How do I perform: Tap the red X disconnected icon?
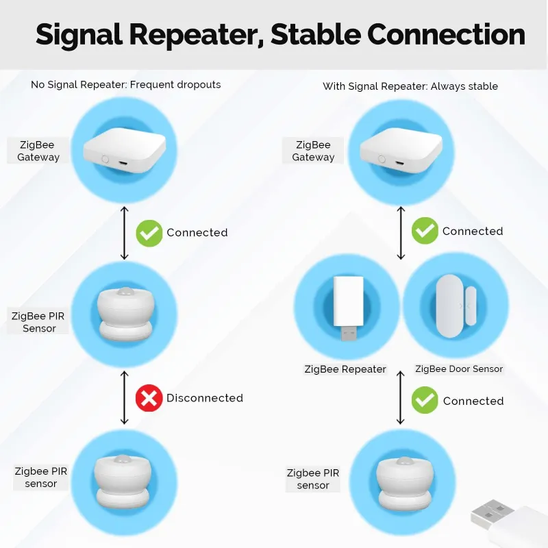tap(149, 398)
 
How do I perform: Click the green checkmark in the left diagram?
tap(149, 233)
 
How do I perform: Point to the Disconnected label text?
tap(205, 398)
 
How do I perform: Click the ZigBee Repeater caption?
tap(345, 369)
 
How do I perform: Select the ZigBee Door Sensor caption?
tap(459, 369)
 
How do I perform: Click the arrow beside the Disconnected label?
tap(124, 398)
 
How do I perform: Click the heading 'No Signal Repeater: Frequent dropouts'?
tap(126, 85)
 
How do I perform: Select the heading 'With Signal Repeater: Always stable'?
tap(410, 86)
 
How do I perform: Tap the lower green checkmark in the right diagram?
tap(425, 401)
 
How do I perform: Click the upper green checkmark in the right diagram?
tap(425, 232)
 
